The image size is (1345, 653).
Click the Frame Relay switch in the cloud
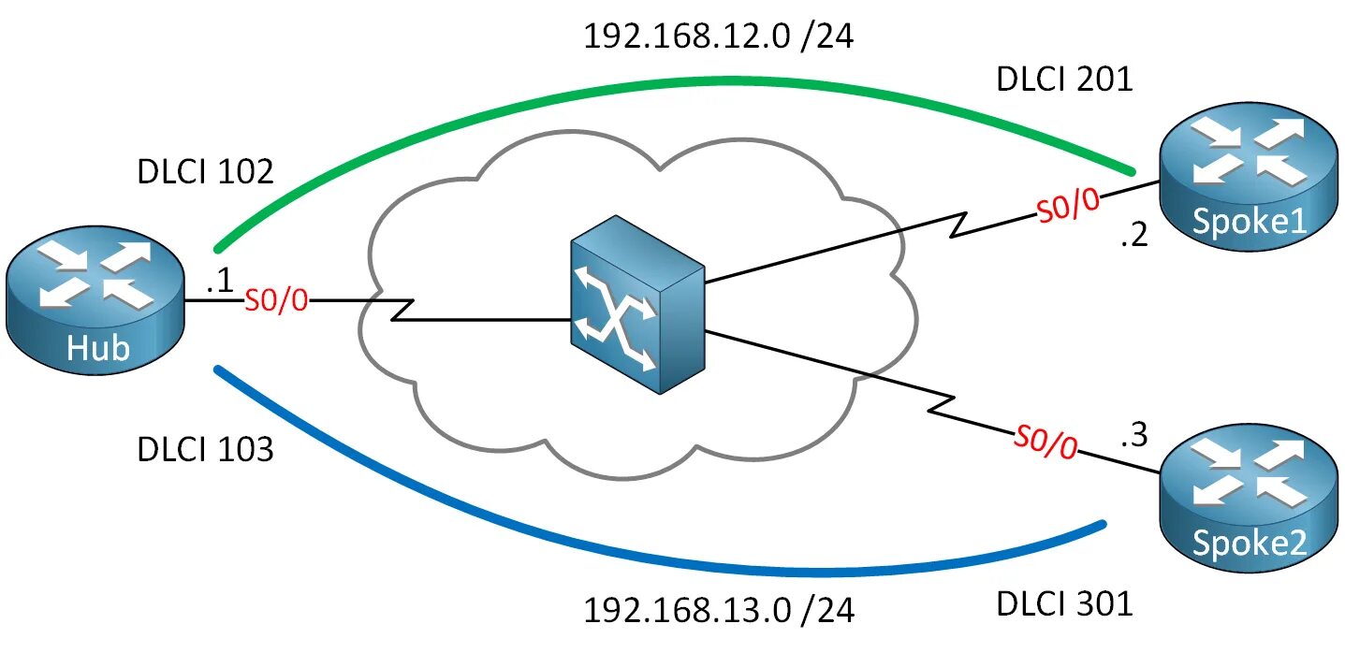coord(637,305)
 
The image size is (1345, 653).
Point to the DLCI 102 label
coord(205,173)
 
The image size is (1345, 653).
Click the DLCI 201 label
coord(1064,80)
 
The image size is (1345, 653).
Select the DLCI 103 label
coord(205,449)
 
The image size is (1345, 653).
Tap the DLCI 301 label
coord(1064,604)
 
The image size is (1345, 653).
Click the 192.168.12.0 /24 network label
coord(719,36)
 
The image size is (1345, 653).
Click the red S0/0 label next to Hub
coord(276,301)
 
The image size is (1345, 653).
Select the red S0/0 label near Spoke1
coord(1068,207)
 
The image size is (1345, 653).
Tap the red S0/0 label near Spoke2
coord(1045,443)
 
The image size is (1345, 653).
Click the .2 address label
coord(1133,236)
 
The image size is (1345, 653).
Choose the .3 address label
coord(1133,434)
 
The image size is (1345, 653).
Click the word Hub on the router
coord(97,349)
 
